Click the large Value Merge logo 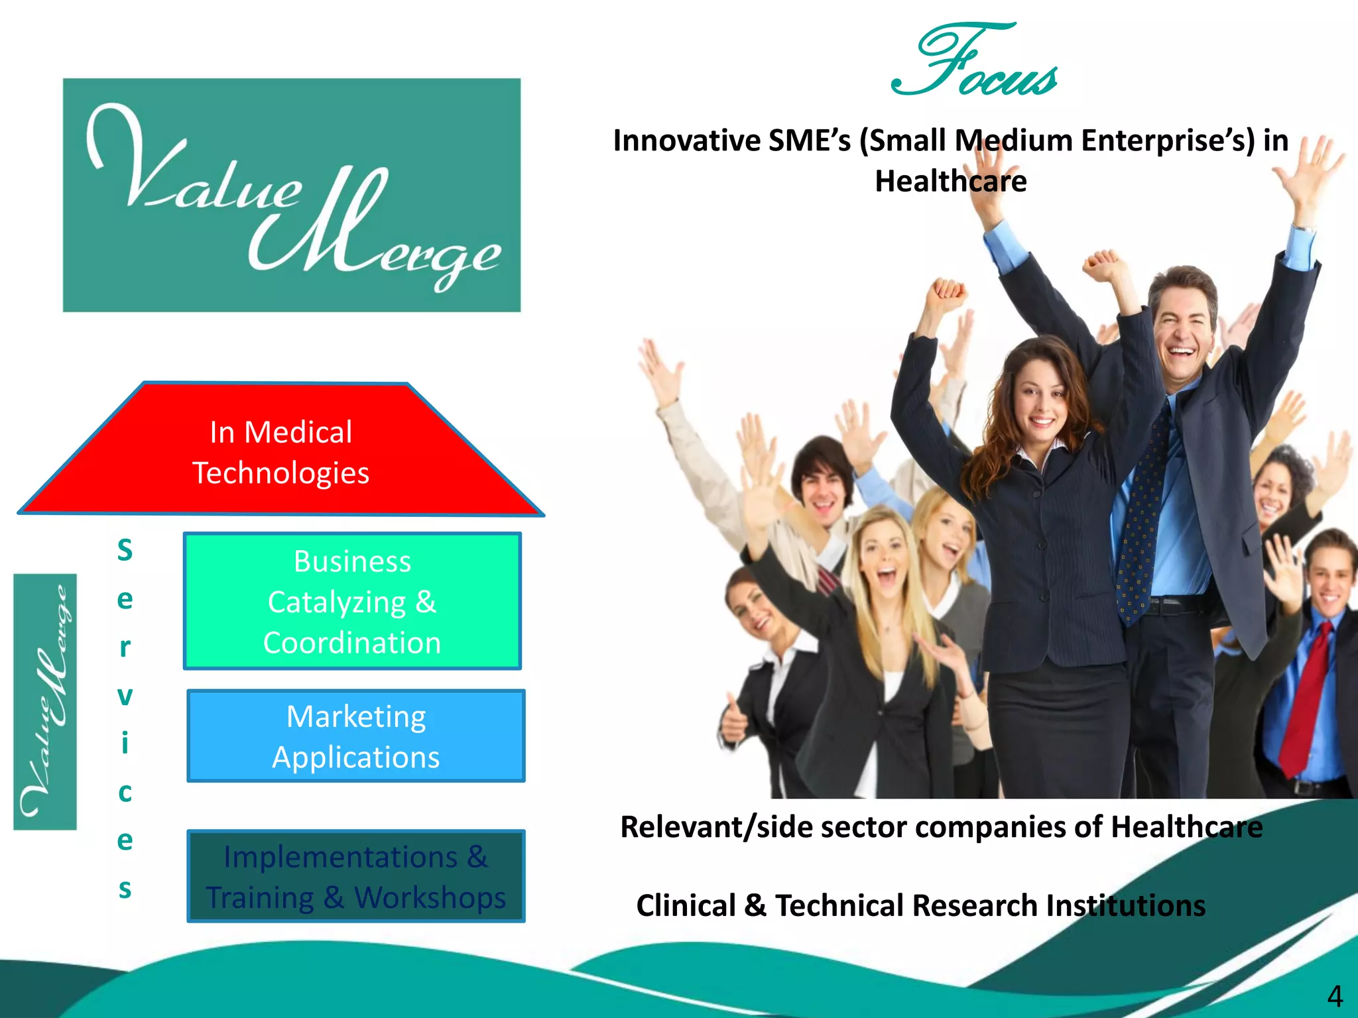[292, 195]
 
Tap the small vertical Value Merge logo [45, 701]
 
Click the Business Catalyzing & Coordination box [352, 601]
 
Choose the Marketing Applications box [356, 736]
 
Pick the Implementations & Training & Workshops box [356, 876]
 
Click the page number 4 [1334, 996]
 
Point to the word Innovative [686, 141]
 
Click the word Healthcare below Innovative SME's [950, 182]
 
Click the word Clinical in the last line [686, 905]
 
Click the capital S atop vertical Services [125, 550]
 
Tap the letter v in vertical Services [125, 696]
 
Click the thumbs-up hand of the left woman [733, 722]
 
